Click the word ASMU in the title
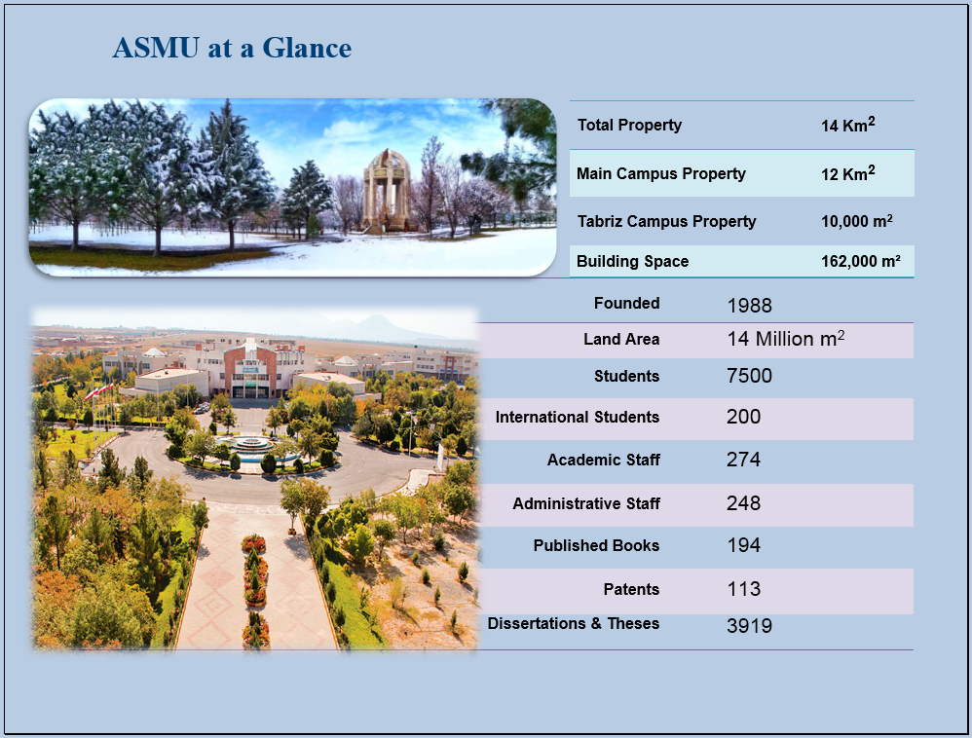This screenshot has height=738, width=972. [x=156, y=48]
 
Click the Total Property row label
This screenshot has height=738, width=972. [x=629, y=126]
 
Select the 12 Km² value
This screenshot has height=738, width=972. [x=848, y=173]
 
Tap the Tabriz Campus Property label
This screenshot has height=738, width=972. [x=666, y=221]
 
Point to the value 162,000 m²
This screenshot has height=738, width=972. [x=860, y=262]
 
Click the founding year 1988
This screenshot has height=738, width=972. [x=750, y=306]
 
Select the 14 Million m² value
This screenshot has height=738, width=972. [x=785, y=339]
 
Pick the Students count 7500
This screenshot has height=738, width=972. [x=750, y=376]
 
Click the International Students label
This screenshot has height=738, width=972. [x=578, y=417]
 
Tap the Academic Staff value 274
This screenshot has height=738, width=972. [x=743, y=460]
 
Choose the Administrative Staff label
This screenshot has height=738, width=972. [x=585, y=503]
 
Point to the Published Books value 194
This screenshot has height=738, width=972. [x=743, y=545]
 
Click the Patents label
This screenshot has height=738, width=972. [x=631, y=589]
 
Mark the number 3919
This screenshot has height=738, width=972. [x=750, y=626]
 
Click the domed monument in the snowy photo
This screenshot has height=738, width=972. [x=387, y=190]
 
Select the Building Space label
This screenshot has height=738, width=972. [x=632, y=262]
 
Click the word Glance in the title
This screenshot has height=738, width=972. [x=307, y=48]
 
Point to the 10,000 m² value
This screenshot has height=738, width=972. [x=857, y=221]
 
